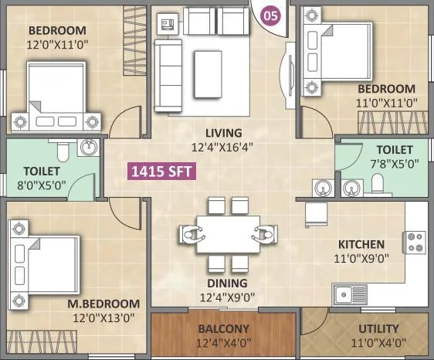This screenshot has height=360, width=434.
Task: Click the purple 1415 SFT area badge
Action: point(162,172)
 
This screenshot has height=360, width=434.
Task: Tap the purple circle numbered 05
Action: point(270,14)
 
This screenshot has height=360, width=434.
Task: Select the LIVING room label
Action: point(224,132)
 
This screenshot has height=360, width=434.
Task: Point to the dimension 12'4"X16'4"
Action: point(224,146)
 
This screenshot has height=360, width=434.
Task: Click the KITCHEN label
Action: point(361,244)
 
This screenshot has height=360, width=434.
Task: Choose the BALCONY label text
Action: point(222,328)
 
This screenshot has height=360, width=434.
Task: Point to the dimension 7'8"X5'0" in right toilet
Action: point(394,164)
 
